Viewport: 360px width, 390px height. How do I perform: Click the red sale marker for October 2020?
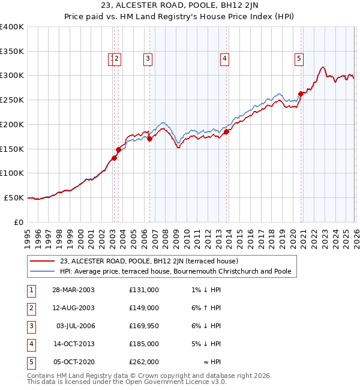click(300, 94)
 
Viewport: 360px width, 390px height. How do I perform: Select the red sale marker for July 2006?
click(149, 139)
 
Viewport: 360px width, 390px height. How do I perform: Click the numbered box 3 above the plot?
click(148, 59)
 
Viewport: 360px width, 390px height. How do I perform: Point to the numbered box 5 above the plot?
click(299, 59)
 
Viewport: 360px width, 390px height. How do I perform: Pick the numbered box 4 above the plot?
click(224, 59)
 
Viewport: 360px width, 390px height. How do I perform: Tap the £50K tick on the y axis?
click(14, 197)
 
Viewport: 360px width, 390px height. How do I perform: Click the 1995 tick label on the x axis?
click(28, 238)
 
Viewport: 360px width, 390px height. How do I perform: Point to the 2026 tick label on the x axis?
click(355, 238)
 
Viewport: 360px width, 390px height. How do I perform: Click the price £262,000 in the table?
click(143, 362)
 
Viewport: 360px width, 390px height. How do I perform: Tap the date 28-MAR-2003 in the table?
click(73, 290)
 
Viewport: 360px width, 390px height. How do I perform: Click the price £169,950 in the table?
click(143, 326)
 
